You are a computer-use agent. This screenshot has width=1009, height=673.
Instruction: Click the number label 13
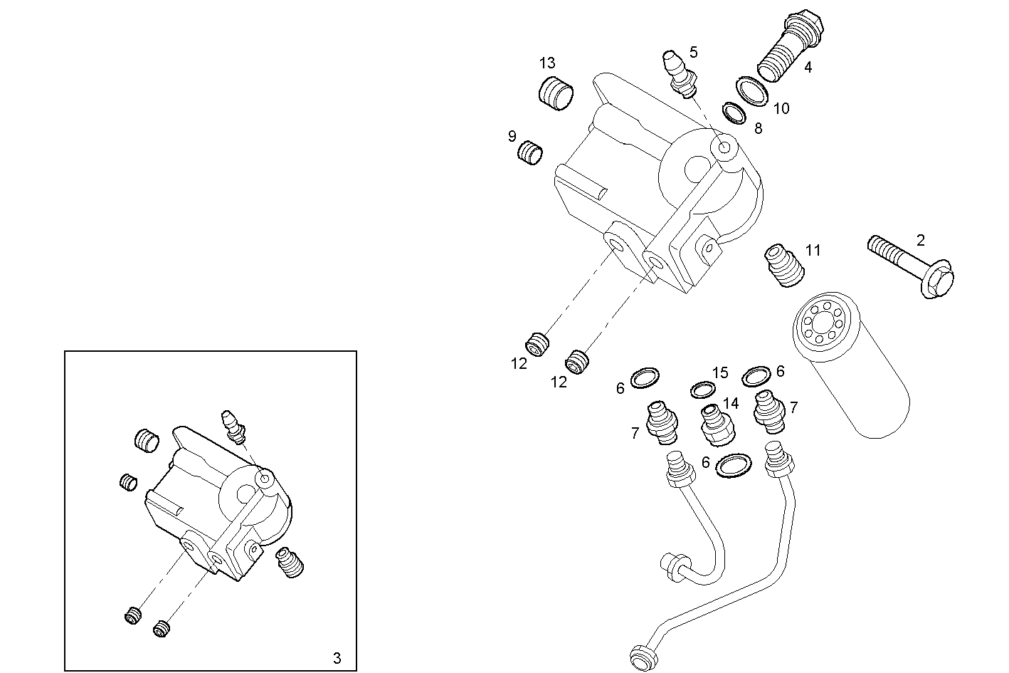[546, 63]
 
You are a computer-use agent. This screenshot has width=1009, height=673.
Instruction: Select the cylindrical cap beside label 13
[555, 95]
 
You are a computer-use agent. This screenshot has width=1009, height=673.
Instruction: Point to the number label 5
[693, 52]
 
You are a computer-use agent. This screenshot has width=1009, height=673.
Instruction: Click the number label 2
[920, 240]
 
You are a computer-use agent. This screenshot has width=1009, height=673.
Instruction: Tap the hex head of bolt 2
[935, 281]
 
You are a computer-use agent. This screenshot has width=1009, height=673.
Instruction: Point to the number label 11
[813, 250]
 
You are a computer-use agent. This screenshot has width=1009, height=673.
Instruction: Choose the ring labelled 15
[703, 390]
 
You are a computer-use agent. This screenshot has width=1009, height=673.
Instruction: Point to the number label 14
[730, 404]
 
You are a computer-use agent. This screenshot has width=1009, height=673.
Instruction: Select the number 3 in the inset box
[337, 657]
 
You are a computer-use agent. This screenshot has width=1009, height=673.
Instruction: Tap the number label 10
[781, 108]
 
